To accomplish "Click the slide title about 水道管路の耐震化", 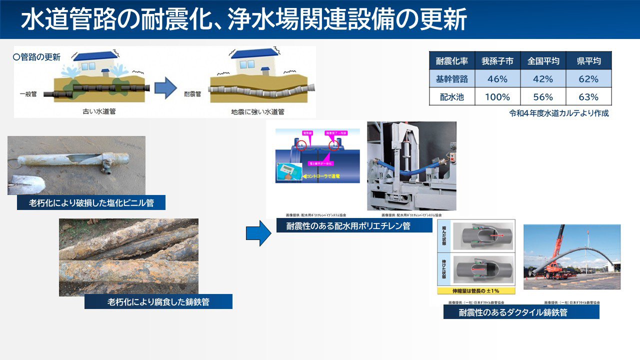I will (x=243, y=19).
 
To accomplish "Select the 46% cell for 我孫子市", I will (x=497, y=79).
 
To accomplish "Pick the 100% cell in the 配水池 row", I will (x=497, y=97).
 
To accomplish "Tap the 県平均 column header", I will (x=588, y=61).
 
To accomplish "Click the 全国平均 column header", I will (x=543, y=61).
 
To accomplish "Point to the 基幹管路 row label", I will (x=452, y=79).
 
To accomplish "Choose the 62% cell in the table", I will (x=588, y=79).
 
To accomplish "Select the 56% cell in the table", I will (x=543, y=97).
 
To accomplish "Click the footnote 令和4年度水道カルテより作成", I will (x=559, y=113).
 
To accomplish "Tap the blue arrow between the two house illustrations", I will (x=165, y=88).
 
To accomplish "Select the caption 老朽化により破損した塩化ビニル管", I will (x=91, y=202).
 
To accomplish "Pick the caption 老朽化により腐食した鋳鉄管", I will (x=158, y=301).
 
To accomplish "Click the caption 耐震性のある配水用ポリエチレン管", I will (x=354, y=225).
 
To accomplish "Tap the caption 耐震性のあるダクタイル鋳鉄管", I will (x=521, y=312).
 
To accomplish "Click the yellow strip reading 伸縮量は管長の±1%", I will (x=475, y=290).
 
